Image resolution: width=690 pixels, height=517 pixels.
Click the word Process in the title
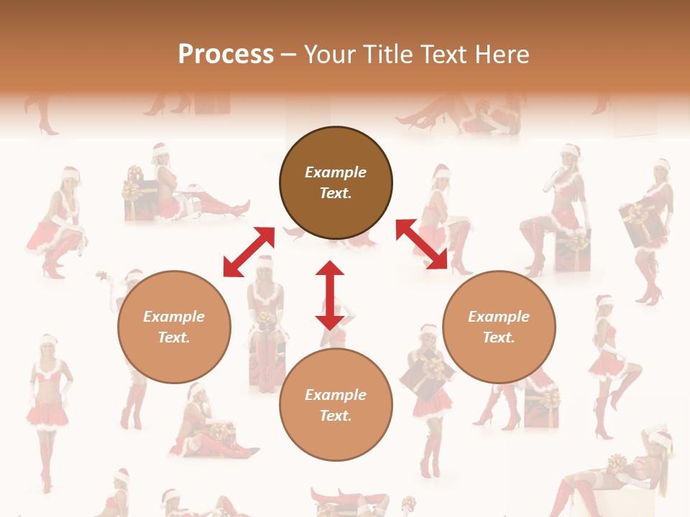pyautogui.click(x=226, y=55)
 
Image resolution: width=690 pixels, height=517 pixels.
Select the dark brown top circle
pyautogui.click(x=336, y=183)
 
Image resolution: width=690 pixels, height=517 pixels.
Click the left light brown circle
pyautogui.click(x=174, y=327)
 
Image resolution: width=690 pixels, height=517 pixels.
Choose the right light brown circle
pyautogui.click(x=499, y=327)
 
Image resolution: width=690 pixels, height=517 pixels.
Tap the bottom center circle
pyautogui.click(x=336, y=405)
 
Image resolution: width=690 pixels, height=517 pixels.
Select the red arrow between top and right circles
pyautogui.click(x=422, y=245)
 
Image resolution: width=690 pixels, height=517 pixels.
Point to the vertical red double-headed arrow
pyautogui.click(x=330, y=295)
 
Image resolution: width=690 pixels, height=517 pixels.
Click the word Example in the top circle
pyautogui.click(x=336, y=172)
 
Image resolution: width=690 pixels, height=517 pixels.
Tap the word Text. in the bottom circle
pyautogui.click(x=336, y=416)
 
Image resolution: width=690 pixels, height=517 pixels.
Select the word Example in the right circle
pyautogui.click(x=499, y=317)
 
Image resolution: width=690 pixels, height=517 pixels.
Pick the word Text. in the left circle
pyautogui.click(x=174, y=337)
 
